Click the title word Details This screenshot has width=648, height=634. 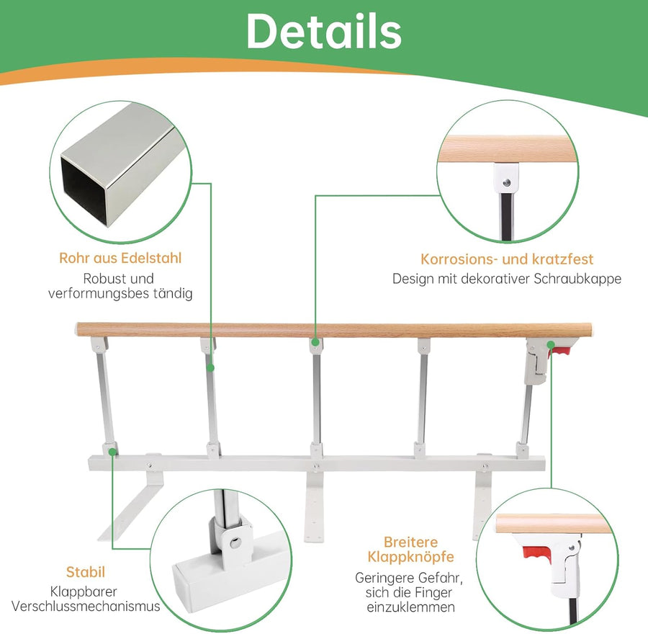click(323, 31)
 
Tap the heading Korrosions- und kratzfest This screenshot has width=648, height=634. click(507, 259)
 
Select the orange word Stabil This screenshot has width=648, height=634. click(86, 572)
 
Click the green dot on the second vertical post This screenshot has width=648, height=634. click(210, 367)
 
